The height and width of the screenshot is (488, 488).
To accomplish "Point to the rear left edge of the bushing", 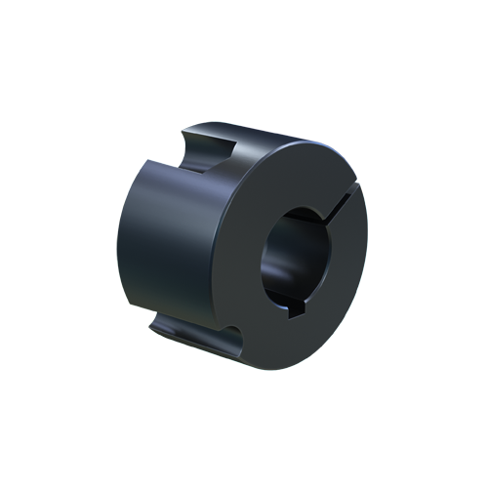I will (x=122, y=244).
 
